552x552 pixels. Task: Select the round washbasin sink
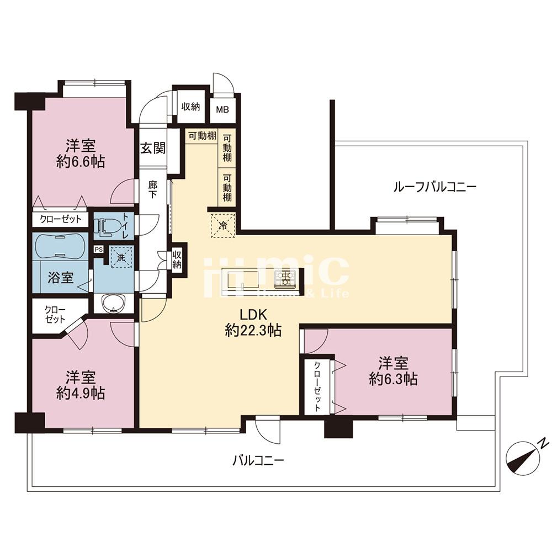114,302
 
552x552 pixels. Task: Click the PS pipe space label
98,250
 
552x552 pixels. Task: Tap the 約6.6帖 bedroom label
81,154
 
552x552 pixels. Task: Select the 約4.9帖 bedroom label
81,385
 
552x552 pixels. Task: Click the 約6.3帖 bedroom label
393,371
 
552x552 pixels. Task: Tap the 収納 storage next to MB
191,107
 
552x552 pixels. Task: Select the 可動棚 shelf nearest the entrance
201,136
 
